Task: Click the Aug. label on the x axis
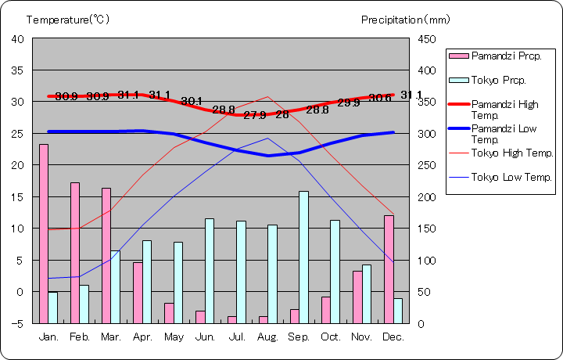pyautogui.click(x=268, y=337)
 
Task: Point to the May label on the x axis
pyautogui.click(x=174, y=337)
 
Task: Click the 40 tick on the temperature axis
pyautogui.click(x=18, y=38)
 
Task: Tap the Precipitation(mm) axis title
pyautogui.click(x=405, y=20)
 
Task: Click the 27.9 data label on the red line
pyautogui.click(x=255, y=115)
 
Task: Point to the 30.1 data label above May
pyautogui.click(x=192, y=101)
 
